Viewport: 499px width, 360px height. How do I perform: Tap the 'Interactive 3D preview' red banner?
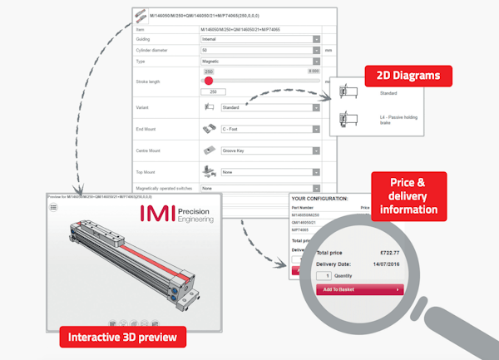[x=122, y=337]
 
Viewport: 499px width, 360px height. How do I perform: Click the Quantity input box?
[x=327, y=275]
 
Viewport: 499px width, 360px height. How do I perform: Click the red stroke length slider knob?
[x=209, y=81]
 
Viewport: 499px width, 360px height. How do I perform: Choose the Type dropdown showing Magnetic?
[x=259, y=62]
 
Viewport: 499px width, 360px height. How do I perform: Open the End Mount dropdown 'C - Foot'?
[x=269, y=130]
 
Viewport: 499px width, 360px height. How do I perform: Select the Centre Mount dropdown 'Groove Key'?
[x=269, y=151]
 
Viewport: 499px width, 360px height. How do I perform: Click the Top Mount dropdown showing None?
[x=269, y=172]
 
